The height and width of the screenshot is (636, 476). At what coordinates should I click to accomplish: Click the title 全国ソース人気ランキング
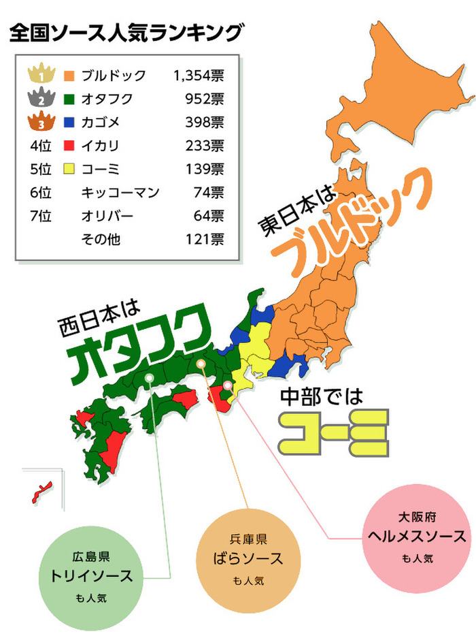tap(126, 32)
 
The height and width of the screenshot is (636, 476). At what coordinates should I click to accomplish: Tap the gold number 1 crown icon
tap(41, 74)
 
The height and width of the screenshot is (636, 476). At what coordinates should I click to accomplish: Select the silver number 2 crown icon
tap(41, 99)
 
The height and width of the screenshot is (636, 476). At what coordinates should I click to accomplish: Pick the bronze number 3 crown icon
tap(41, 123)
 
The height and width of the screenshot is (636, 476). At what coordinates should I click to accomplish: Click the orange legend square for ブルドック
tap(69, 75)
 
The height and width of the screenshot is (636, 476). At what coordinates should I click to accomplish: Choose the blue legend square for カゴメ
tap(69, 123)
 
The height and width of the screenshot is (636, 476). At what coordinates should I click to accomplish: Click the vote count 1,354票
tap(199, 75)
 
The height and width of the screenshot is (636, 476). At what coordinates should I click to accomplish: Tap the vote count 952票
tap(205, 99)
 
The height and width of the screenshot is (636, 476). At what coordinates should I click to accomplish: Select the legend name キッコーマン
tap(120, 193)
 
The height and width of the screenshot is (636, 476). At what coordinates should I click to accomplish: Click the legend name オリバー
tap(107, 217)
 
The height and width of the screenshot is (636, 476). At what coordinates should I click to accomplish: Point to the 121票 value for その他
tap(205, 240)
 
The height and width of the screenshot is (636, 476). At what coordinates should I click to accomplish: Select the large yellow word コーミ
tap(337, 432)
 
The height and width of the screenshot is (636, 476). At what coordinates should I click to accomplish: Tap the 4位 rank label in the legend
tap(41, 146)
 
